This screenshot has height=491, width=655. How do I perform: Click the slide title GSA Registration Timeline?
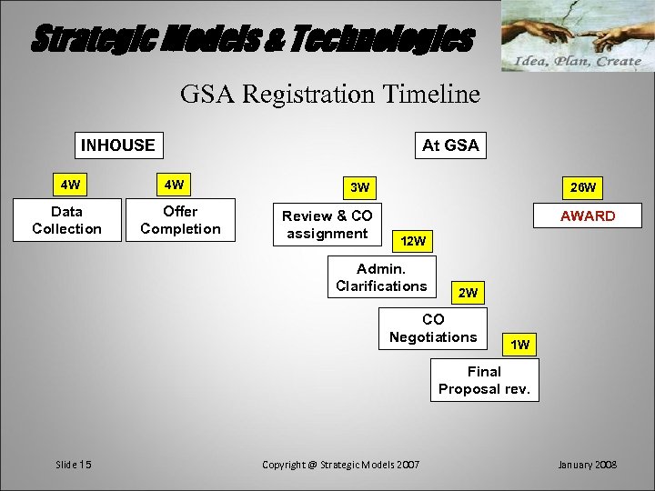(x=329, y=94)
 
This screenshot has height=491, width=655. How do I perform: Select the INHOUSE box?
(x=117, y=145)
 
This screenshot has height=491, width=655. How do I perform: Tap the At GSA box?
(x=449, y=145)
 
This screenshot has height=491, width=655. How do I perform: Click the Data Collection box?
(x=66, y=220)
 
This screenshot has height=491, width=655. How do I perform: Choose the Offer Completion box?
(x=180, y=220)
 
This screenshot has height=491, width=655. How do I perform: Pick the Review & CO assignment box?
(x=327, y=225)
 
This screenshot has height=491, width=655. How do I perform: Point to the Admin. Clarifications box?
(x=381, y=277)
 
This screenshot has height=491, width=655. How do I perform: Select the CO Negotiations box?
(x=433, y=328)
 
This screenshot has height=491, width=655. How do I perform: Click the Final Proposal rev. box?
(x=484, y=380)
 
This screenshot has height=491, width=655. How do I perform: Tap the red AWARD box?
(x=587, y=215)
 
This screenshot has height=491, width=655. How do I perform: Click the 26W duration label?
(x=582, y=187)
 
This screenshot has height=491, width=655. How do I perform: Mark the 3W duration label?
(x=360, y=187)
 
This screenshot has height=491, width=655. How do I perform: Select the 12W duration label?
(x=413, y=241)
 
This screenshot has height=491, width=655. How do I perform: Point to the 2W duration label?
(x=468, y=293)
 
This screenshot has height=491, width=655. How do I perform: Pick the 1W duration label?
(x=520, y=345)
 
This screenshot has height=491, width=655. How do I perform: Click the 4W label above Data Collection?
(x=70, y=185)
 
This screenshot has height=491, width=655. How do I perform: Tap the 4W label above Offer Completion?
(x=173, y=185)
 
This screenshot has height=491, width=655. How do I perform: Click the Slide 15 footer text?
(x=74, y=465)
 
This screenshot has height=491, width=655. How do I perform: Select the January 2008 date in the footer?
(x=587, y=465)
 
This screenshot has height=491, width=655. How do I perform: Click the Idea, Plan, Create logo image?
(x=578, y=36)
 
